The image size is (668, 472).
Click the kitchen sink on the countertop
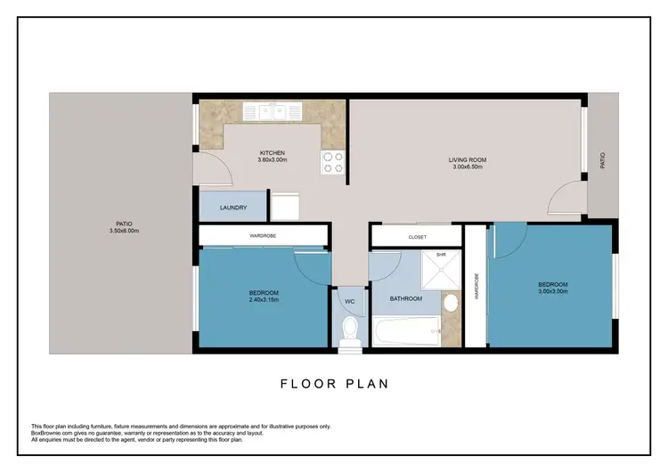[x=275, y=111]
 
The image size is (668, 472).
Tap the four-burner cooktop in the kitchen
[x=332, y=162]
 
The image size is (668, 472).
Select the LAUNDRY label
[x=233, y=208]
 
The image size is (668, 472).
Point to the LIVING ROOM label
[x=467, y=162]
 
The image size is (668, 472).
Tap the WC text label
[x=350, y=302]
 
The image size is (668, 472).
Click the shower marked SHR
[x=439, y=270]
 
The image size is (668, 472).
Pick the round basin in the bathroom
[x=451, y=305]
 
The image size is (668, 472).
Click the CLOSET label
[x=417, y=237]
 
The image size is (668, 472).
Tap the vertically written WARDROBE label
[x=476, y=286]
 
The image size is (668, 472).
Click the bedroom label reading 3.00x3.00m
[x=552, y=289]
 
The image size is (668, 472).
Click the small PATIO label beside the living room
[x=603, y=161]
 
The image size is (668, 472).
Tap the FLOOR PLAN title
[x=334, y=384]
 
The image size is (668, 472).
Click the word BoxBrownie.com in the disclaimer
[x=53, y=433]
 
